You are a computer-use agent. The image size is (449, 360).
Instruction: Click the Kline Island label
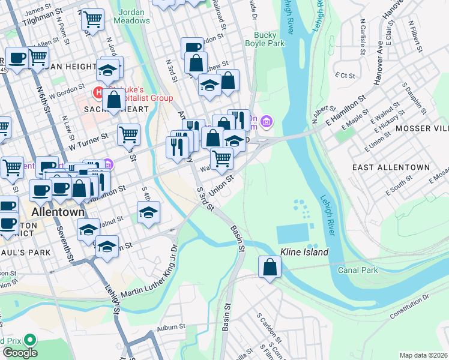304,252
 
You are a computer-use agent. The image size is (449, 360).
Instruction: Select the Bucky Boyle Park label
265,39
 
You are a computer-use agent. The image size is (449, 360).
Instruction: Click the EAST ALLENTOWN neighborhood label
391,167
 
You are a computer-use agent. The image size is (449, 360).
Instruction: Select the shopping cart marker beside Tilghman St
92,20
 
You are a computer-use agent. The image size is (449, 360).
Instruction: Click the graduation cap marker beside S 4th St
149,213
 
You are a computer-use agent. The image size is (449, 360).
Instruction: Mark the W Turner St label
88,141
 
